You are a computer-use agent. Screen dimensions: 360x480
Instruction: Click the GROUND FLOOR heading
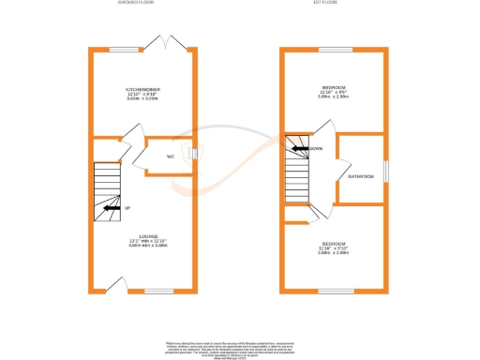pyautogui.click(x=137, y=4)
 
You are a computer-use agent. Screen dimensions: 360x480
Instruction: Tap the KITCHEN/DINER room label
pyautogui.click(x=143, y=89)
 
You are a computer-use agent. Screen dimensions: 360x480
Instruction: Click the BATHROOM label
pyautogui.click(x=361, y=175)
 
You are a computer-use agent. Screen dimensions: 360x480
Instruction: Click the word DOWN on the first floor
pyautogui.click(x=317, y=148)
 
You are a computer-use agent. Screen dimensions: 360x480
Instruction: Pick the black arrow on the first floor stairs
pyautogui.click(x=298, y=148)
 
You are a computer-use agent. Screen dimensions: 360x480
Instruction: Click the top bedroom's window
pyautogui.click(x=334, y=49)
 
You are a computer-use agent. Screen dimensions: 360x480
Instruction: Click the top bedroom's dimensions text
pyautogui.click(x=334, y=97)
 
